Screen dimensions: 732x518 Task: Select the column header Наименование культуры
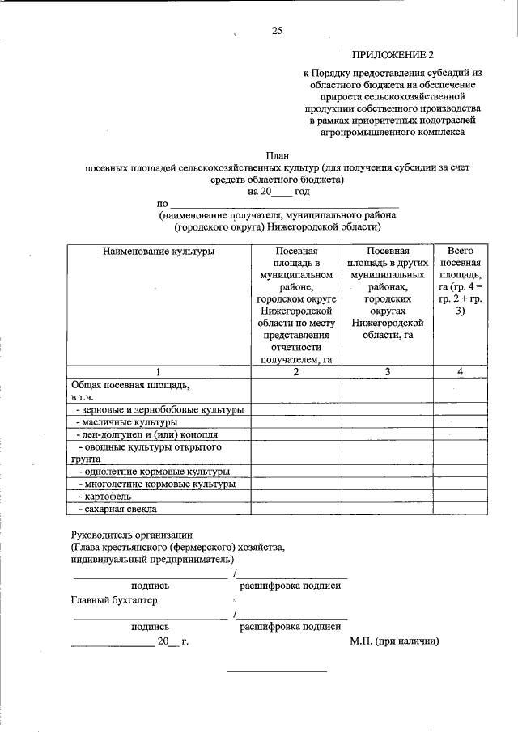click(159, 252)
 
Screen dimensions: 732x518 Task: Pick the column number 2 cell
click(296, 371)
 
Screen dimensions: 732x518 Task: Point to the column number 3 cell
click(388, 371)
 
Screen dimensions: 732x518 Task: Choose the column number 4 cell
click(461, 371)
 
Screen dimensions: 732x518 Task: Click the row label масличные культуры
click(126, 422)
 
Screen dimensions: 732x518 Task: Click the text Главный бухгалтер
click(114, 600)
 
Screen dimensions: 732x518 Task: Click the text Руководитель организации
click(132, 535)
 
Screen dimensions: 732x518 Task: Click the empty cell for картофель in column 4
click(461, 495)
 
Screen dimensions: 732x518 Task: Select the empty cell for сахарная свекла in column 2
click(296, 509)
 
